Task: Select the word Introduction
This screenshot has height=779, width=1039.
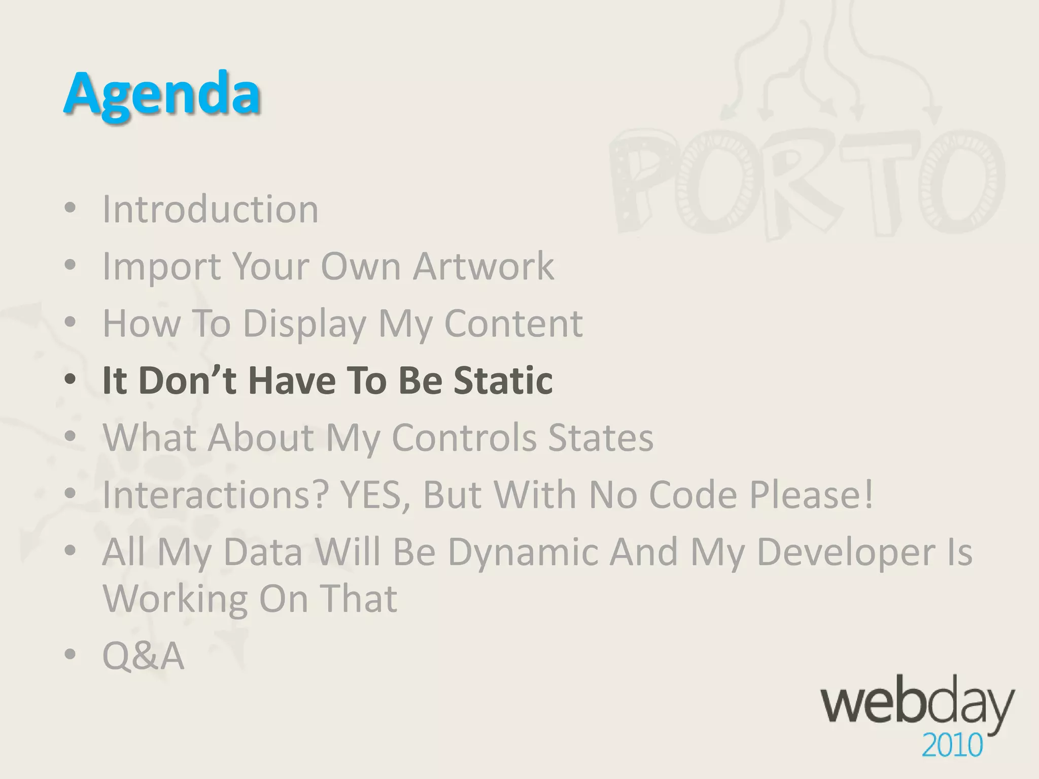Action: coord(210,209)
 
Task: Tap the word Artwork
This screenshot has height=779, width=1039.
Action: coord(483,266)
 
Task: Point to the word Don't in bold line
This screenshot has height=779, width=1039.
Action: coord(187,380)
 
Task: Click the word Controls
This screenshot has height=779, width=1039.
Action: coord(464,437)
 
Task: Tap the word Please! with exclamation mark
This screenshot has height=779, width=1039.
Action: coord(812,494)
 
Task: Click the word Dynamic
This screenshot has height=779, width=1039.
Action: coord(522,551)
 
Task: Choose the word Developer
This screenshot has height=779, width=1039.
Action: coord(846,551)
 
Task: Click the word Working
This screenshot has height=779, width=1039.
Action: coord(175,598)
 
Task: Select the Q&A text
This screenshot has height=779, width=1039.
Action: coord(143,656)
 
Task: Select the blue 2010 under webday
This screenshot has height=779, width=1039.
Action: coord(952,746)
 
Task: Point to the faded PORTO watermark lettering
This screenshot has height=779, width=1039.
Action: coord(807,185)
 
